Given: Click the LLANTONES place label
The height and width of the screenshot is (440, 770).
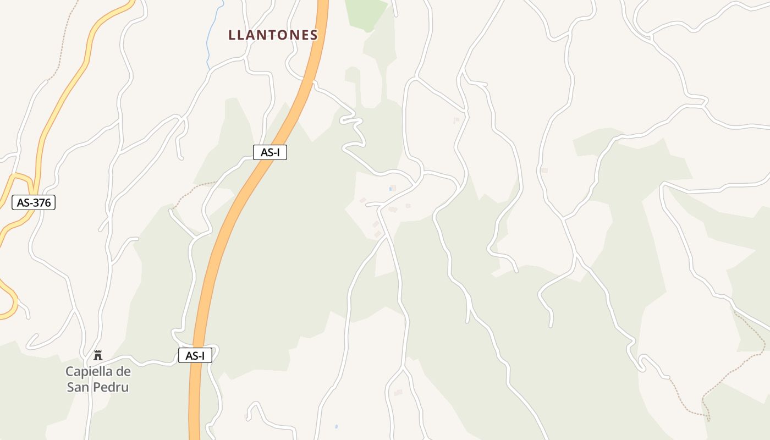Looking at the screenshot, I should [273, 35].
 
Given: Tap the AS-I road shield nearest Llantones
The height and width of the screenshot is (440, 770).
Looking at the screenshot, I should [270, 152].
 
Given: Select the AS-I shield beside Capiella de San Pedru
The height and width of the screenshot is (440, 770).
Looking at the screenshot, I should [195, 355].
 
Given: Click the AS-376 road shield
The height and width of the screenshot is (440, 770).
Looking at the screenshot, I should [34, 202].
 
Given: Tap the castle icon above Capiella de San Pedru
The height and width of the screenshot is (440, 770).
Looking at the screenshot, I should [98, 355].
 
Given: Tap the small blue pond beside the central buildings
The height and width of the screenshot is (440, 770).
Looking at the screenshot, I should [391, 189].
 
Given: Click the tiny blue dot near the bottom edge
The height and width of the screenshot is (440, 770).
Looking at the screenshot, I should [336, 426].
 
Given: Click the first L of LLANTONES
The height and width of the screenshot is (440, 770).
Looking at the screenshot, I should [232, 35].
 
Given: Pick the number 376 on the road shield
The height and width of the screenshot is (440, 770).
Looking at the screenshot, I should [41, 202].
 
